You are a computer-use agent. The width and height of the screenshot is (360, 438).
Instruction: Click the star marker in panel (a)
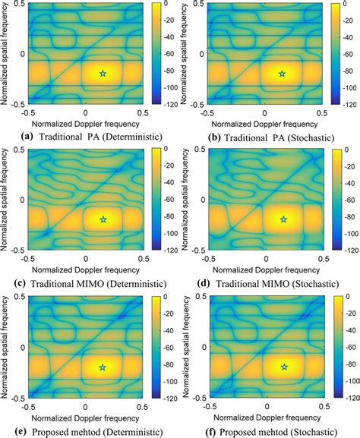point(104,73)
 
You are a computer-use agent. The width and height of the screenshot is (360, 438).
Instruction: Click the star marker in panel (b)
point(283,73)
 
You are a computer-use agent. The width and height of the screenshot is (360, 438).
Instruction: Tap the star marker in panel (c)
point(104,219)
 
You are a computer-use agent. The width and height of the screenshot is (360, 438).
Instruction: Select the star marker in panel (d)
point(283,219)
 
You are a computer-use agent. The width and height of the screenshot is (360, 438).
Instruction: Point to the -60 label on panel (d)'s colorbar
point(346,200)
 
